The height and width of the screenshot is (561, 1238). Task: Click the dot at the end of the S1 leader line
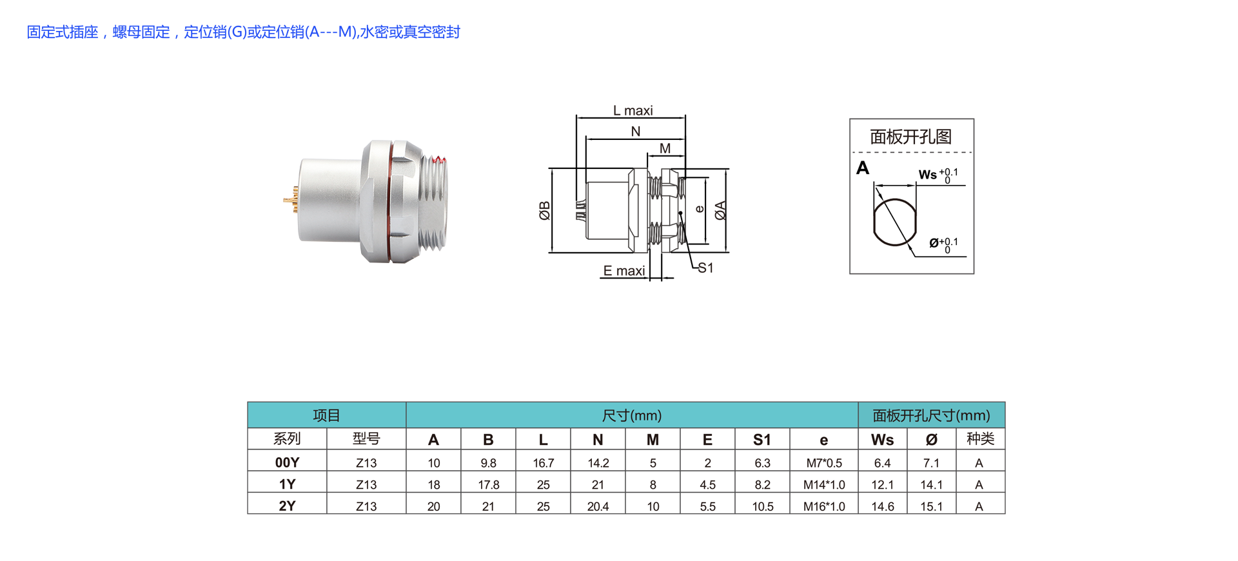coord(680,213)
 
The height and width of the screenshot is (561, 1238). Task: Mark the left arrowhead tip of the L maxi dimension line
coord(576,118)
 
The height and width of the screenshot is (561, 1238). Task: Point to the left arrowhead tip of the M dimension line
coord(648,155)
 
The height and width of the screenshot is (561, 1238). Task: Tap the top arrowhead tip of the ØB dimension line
coord(552,170)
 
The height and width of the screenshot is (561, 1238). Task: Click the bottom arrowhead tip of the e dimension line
coord(707,244)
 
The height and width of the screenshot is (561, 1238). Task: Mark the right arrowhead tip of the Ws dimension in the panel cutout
coord(916,186)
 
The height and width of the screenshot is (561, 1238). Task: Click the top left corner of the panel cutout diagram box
coord(850,119)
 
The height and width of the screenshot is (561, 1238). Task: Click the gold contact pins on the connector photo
coord(291,200)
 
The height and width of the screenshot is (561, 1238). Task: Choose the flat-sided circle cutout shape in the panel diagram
coord(895,222)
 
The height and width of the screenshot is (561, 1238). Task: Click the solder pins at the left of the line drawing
coord(580,211)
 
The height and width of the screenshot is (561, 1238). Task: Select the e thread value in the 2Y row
coord(824,507)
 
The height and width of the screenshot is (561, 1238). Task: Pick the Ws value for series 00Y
coord(882,463)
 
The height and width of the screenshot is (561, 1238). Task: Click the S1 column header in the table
coord(762,440)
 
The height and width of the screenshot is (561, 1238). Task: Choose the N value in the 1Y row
coord(598,485)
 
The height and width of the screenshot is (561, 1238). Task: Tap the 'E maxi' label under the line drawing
coord(624,271)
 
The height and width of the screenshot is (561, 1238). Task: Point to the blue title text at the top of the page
coord(243,32)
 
